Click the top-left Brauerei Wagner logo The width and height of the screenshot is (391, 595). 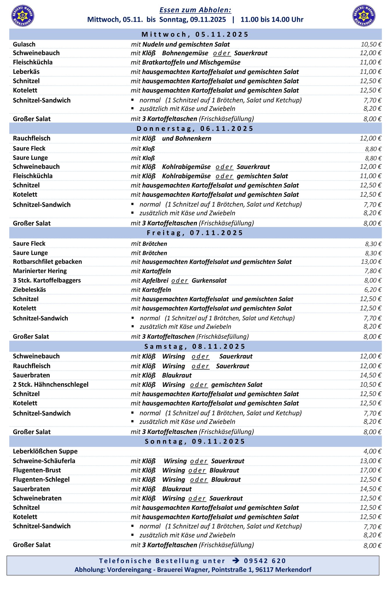pyautogui.click(x=23, y=15)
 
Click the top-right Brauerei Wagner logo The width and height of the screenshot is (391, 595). pyautogui.click(x=364, y=15)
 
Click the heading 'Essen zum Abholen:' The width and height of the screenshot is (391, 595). pyautogui.click(x=195, y=10)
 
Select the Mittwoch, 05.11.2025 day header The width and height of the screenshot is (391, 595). pyautogui.click(x=195, y=34)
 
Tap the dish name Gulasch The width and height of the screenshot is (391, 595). pyautogui.click(x=24, y=44)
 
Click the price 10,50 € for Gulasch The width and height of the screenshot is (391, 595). pyautogui.click(x=371, y=44)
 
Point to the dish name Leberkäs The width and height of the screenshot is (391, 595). pyautogui.click(x=26, y=71)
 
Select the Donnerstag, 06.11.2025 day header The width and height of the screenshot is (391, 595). pyautogui.click(x=195, y=128)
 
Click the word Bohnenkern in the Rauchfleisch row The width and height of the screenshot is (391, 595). pyautogui.click(x=193, y=138)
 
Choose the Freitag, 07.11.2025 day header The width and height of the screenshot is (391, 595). pyautogui.click(x=195, y=233)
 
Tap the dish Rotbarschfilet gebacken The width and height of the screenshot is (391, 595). pyautogui.click(x=47, y=261)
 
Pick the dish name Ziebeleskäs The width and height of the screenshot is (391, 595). pyautogui.click(x=29, y=290)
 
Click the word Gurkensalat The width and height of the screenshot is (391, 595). pyautogui.click(x=209, y=280)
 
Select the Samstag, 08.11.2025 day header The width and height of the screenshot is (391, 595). pyautogui.click(x=195, y=346)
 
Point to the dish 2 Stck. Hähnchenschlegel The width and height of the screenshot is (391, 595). pyautogui.click(x=51, y=384)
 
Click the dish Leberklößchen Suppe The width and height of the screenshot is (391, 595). pyautogui.click(x=45, y=451)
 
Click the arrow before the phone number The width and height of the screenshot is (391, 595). pyautogui.click(x=236, y=560)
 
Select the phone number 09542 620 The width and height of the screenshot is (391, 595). pyautogui.click(x=265, y=561)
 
